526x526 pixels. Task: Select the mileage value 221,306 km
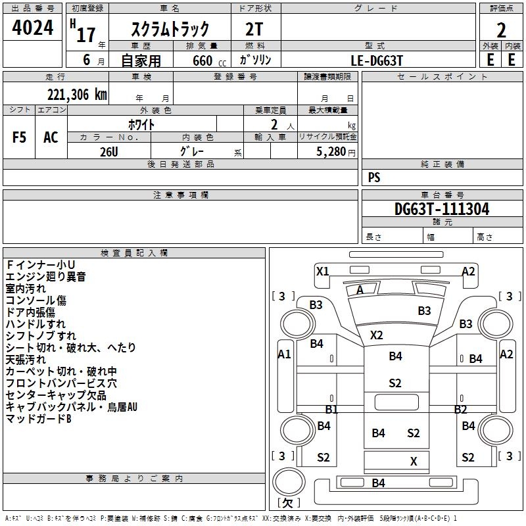tap(77, 94)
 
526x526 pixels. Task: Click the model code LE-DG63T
tap(377, 59)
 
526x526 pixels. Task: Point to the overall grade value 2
tap(501, 30)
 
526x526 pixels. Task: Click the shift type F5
tap(20, 137)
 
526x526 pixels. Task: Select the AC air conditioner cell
tap(51, 137)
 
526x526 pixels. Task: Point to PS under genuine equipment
tap(374, 178)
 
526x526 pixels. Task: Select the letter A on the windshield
tap(360, 290)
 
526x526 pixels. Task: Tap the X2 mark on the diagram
tap(376, 335)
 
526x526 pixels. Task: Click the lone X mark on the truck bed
tap(414, 462)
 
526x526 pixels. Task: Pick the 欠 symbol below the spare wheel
tap(288, 503)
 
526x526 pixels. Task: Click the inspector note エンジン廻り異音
tap(46, 277)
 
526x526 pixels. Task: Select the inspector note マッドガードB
tap(38, 419)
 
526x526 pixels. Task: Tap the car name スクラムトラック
tap(170, 29)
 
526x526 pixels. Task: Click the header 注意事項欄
tap(180, 195)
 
